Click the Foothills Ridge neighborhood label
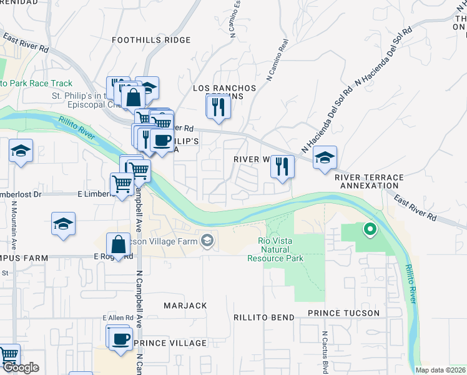coord(151,40)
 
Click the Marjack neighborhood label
coord(185,306)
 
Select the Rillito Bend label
coord(264,317)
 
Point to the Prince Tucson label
coord(343,313)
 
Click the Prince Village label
coord(170,343)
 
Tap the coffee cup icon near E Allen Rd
coord(120,339)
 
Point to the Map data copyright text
coord(441,370)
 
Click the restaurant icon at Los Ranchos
coord(219,107)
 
